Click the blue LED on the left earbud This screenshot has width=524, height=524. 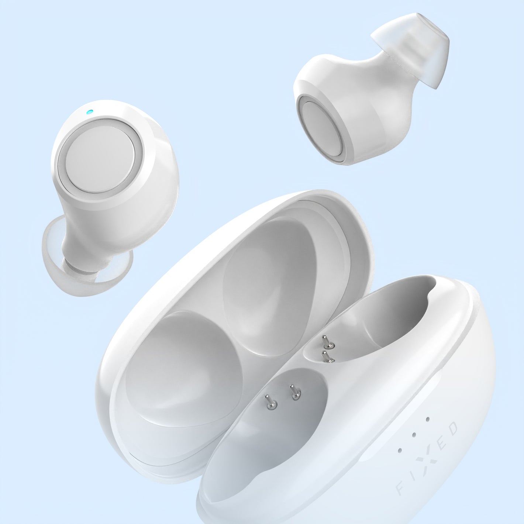coord(89,112)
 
